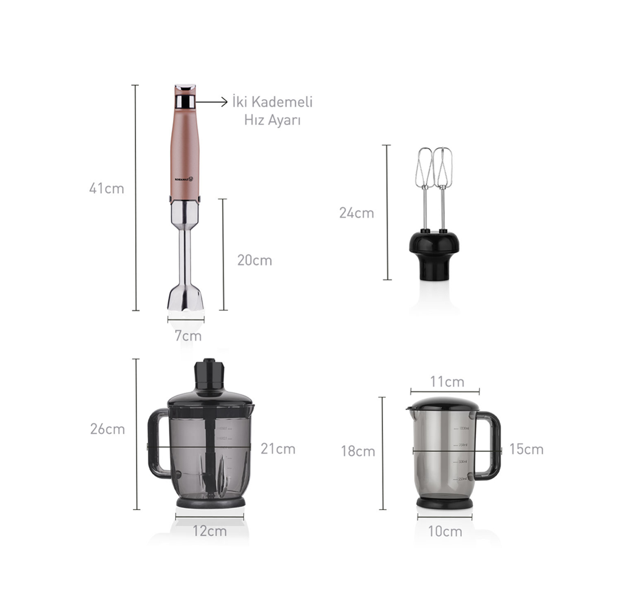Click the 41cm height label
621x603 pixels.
(106, 189)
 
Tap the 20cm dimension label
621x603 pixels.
(255, 261)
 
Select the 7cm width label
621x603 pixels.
(188, 336)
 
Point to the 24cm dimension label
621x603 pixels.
(356, 213)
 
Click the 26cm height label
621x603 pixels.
(107, 430)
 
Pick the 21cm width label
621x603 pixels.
(278, 449)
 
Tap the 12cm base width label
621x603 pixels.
(209, 531)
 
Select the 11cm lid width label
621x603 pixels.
(447, 382)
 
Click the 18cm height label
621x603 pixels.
(358, 452)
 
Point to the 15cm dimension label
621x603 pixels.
(526, 450)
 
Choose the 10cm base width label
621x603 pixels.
(445, 532)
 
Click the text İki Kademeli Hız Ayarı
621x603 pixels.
(273, 111)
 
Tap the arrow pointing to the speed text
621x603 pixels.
(212, 102)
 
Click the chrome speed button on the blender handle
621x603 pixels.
(185, 102)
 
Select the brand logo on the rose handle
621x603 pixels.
(184, 179)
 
